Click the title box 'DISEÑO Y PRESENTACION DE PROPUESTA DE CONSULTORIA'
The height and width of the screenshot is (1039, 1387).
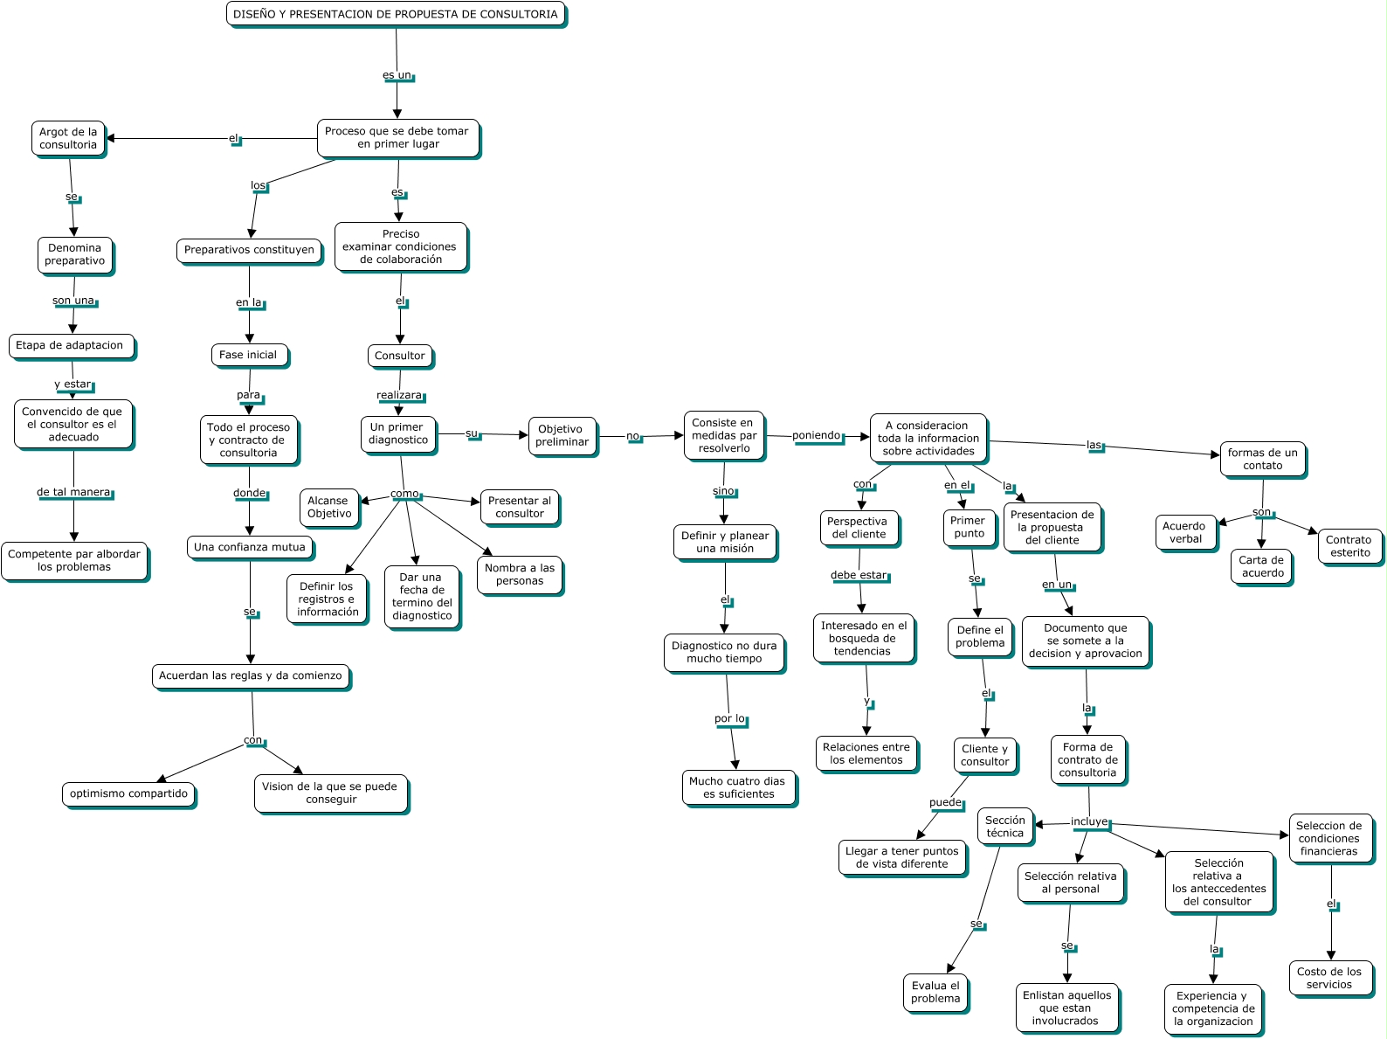(x=396, y=14)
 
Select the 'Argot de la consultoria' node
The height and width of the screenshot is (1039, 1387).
(x=68, y=139)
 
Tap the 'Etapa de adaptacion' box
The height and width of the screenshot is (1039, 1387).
(x=72, y=345)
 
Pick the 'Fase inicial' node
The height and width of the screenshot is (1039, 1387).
(x=249, y=355)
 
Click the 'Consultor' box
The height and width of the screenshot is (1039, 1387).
(x=399, y=356)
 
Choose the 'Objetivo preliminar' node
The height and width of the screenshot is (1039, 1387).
(x=562, y=435)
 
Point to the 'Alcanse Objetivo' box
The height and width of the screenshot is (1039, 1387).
(x=329, y=507)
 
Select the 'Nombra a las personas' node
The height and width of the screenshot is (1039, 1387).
(x=520, y=574)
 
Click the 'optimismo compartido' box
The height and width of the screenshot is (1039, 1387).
(x=128, y=793)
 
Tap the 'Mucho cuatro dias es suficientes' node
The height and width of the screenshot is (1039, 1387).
(x=738, y=787)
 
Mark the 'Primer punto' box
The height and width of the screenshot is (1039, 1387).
(x=969, y=527)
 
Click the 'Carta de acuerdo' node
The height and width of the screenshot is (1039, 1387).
(x=1261, y=566)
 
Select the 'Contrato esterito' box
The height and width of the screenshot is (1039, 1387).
(x=1349, y=546)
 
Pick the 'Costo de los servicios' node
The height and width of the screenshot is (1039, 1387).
(x=1329, y=978)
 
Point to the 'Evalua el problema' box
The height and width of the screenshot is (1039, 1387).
(x=935, y=992)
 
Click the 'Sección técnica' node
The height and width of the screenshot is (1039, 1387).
(x=1004, y=827)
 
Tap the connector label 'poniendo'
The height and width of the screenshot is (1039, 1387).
(x=817, y=435)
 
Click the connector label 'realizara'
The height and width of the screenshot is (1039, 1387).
(x=399, y=396)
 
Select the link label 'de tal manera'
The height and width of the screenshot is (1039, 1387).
(x=74, y=492)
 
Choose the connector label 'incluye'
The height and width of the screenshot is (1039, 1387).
(x=1089, y=822)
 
